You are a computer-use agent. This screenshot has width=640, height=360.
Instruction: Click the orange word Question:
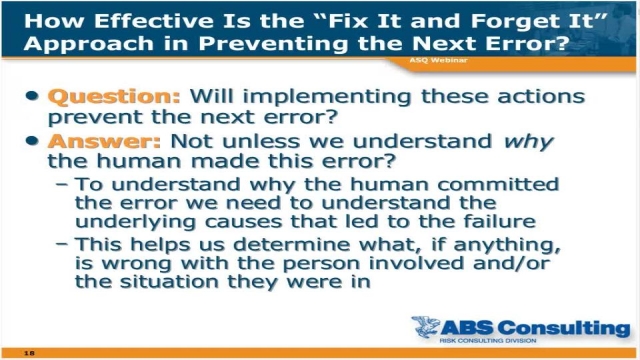tap(113, 97)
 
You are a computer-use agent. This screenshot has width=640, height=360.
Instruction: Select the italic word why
tap(527, 142)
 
